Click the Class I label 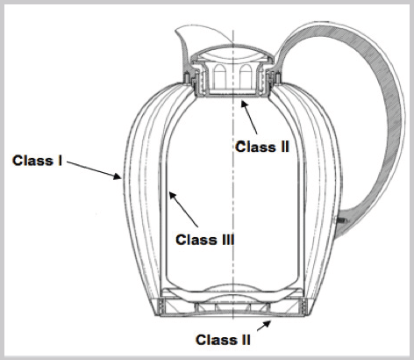pos(37,161)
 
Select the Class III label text pos(205,240)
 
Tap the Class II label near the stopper pos(262,147)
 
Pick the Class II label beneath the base pos(223,340)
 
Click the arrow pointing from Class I pos(94,169)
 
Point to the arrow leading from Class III pos(183,209)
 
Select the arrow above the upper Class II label pos(249,117)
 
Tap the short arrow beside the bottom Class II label pos(264,326)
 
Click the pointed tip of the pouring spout pos(176,30)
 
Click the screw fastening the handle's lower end pos(341,220)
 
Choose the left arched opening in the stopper pos(220,76)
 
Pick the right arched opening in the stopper pos(246,76)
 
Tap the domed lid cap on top pos(233,54)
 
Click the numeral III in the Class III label pos(226,240)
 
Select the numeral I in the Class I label pos(60,161)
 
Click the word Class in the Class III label pos(195,240)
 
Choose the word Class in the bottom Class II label pos(215,340)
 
